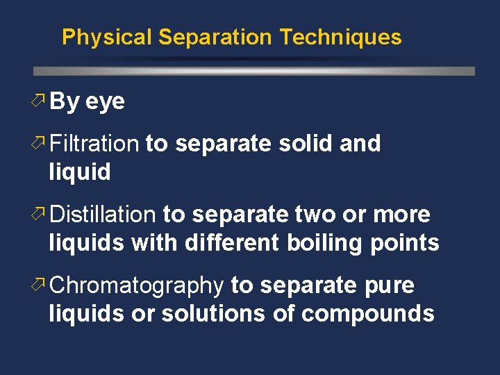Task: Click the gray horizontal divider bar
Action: (254, 71)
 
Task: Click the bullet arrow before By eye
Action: (40, 101)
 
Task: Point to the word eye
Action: (105, 102)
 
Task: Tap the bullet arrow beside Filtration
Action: (40, 144)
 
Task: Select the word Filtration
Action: (95, 144)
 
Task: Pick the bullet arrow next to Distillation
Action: (40, 215)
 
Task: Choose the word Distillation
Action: (103, 215)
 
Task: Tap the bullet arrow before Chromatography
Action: (40, 285)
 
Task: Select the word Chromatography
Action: (137, 285)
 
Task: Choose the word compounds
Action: (368, 315)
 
